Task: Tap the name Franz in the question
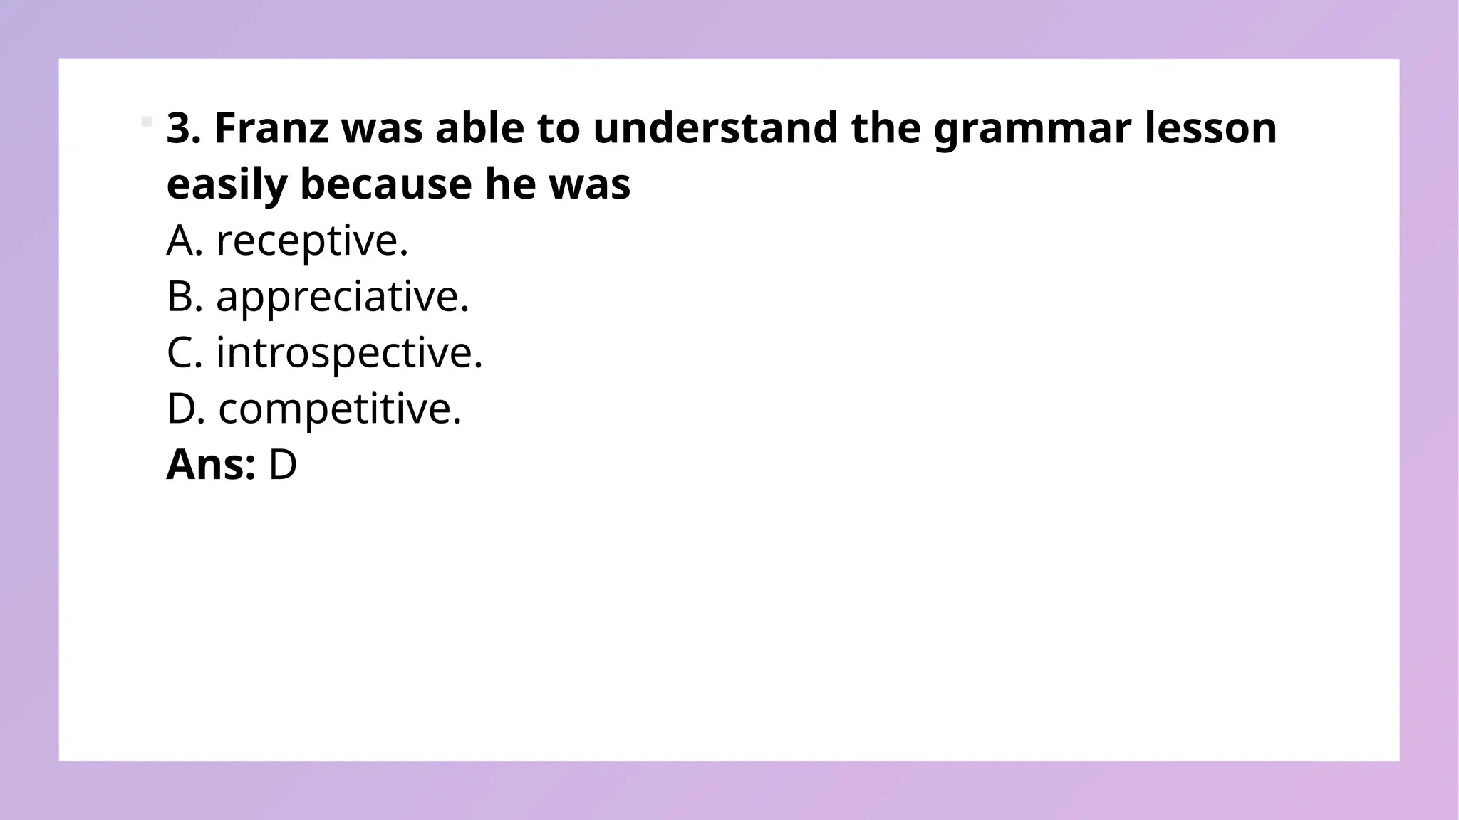click(271, 128)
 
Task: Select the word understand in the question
click(715, 128)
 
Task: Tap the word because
click(385, 184)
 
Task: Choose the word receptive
click(311, 241)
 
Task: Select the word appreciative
click(342, 297)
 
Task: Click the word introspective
click(349, 353)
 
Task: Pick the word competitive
click(339, 409)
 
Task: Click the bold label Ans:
click(211, 465)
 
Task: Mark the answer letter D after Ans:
click(282, 465)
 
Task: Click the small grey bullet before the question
click(147, 121)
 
